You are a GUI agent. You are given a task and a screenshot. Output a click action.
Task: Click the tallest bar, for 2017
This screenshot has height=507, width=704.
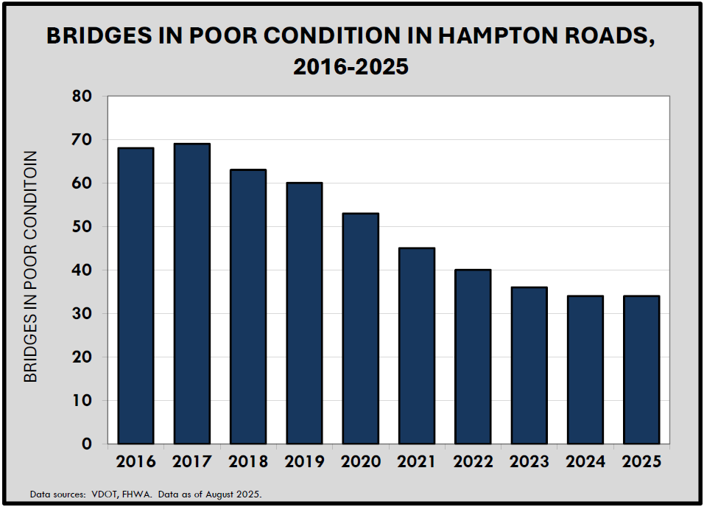click(191, 294)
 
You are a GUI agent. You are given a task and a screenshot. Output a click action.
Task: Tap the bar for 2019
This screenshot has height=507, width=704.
click(304, 313)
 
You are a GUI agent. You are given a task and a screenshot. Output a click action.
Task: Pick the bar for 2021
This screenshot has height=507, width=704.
click(416, 346)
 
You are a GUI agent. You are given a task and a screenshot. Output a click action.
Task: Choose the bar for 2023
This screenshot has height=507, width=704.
click(529, 366)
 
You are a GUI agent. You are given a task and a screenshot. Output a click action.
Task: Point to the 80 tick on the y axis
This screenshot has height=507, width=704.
click(82, 97)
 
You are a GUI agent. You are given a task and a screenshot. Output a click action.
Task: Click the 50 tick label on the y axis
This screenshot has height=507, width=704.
click(82, 227)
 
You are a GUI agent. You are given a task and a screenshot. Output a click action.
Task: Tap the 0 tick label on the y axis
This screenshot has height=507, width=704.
click(88, 444)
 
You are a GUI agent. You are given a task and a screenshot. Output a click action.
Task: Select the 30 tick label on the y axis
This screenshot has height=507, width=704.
click(82, 314)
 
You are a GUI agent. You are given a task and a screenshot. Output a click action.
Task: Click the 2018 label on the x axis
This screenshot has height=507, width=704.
click(248, 462)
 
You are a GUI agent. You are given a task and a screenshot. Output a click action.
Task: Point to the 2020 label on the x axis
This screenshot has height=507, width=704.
click(360, 462)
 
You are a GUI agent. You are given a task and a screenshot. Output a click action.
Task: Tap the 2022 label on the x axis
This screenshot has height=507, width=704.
click(473, 462)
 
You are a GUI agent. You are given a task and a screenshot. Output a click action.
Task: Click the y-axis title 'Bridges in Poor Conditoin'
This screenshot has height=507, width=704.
click(30, 267)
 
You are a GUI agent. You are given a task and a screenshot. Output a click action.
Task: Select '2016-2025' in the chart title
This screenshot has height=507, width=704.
click(351, 67)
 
